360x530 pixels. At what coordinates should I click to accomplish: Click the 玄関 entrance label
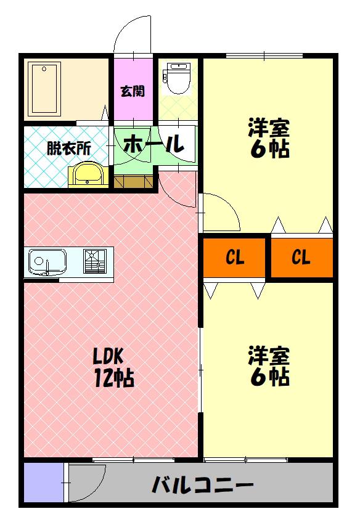coord(133,91)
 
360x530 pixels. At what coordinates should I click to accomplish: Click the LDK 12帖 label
coord(112,367)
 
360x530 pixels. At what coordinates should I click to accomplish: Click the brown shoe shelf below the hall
coord(133,181)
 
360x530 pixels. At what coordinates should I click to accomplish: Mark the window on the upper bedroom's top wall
coord(264,56)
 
